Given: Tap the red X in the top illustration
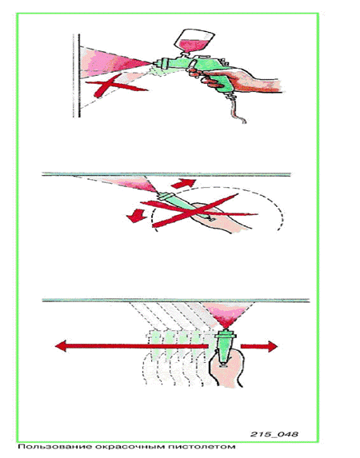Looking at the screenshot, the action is pyautogui.click(x=116, y=85).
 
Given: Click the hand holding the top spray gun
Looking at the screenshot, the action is pyautogui.click(x=234, y=78).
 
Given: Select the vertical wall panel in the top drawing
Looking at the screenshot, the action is pyautogui.click(x=77, y=76).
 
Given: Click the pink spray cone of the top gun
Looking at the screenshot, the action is pyautogui.click(x=114, y=62).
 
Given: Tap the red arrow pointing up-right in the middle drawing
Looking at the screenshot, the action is pyautogui.click(x=183, y=184).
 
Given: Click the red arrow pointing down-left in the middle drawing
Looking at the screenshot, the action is pyautogui.click(x=136, y=216).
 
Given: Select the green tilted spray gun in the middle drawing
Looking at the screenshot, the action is pyautogui.click(x=184, y=205).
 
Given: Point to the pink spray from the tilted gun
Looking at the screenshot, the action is pyautogui.click(x=129, y=183).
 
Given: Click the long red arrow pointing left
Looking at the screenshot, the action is pyautogui.click(x=132, y=346).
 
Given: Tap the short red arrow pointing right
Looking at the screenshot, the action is pyautogui.click(x=259, y=346).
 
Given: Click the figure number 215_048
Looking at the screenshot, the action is pyautogui.click(x=274, y=434).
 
